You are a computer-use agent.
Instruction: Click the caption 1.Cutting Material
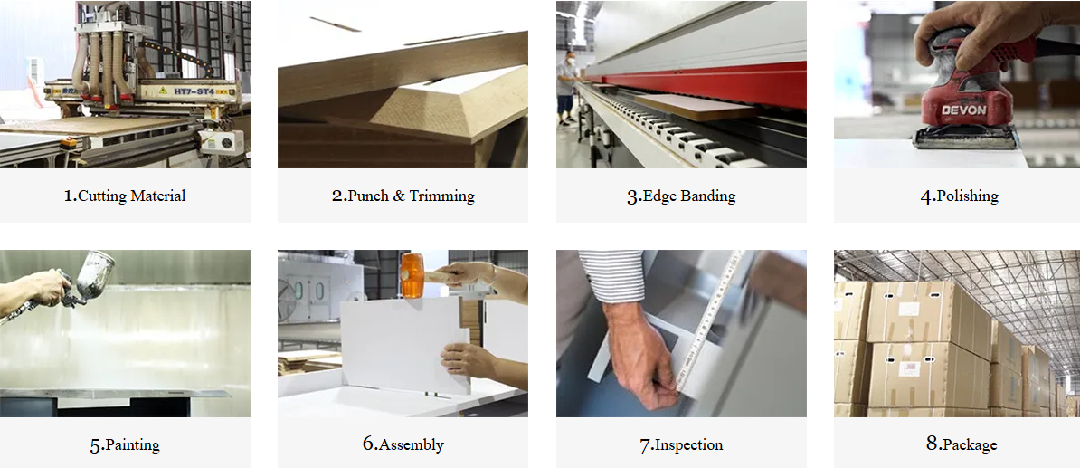125,196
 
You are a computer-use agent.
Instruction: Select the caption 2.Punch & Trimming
403,196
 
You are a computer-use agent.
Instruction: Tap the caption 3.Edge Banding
681,196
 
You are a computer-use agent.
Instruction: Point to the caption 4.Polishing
959,196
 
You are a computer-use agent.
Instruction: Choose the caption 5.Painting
125,444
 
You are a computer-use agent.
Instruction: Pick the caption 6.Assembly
403,444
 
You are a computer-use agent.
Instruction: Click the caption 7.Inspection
681,444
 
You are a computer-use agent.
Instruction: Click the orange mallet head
412,276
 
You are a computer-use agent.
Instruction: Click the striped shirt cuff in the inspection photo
611,276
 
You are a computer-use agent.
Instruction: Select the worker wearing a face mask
567,86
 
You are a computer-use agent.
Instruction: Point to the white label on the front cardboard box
909,368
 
